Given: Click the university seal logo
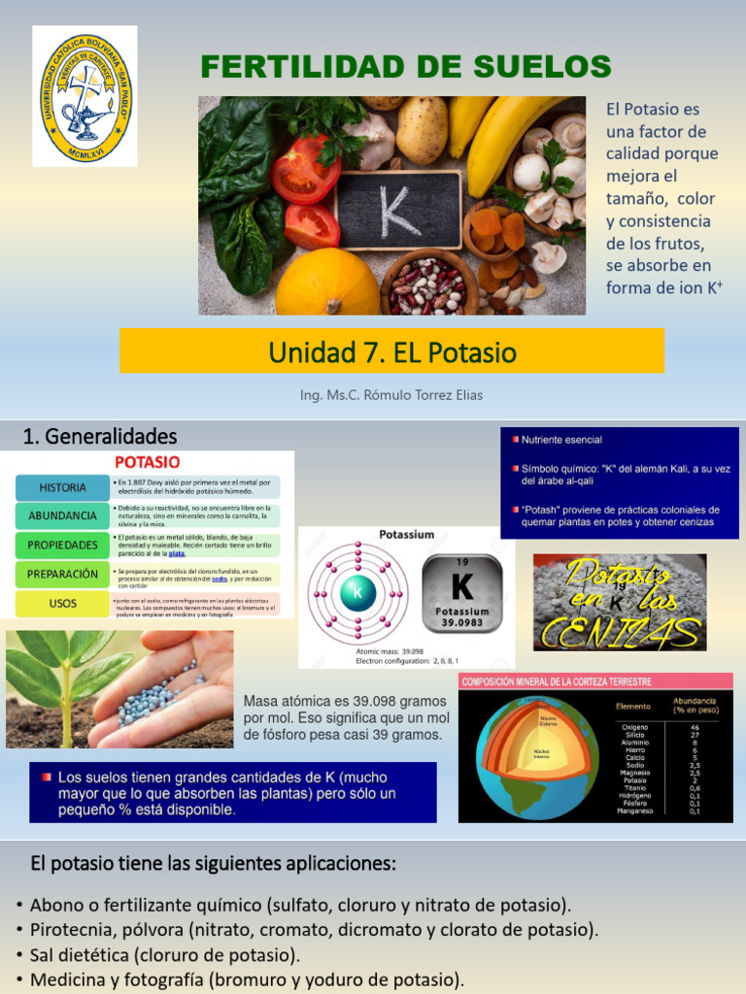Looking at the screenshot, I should point(85,95).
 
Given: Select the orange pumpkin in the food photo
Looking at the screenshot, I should point(327,283).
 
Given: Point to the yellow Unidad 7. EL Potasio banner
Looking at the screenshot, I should point(391,350).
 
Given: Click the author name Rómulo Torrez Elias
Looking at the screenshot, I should point(391,395).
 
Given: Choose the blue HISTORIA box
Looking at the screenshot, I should point(62,487).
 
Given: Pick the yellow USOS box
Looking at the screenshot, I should point(62,604).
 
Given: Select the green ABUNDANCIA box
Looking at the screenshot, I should point(62,515).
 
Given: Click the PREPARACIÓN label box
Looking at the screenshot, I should point(62,574).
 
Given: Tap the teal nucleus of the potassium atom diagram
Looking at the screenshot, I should point(356,592).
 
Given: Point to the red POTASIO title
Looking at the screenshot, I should point(148,462).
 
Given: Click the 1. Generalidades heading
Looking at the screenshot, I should point(100,435).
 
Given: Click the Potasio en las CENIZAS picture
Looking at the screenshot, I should point(620,602).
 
